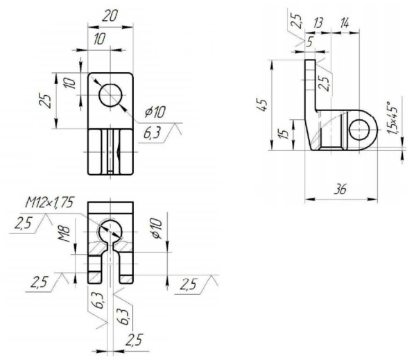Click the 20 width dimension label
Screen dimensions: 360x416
tap(108, 15)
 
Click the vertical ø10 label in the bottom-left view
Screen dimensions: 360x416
tap(156, 230)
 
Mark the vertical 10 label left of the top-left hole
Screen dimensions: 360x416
tap(68, 85)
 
